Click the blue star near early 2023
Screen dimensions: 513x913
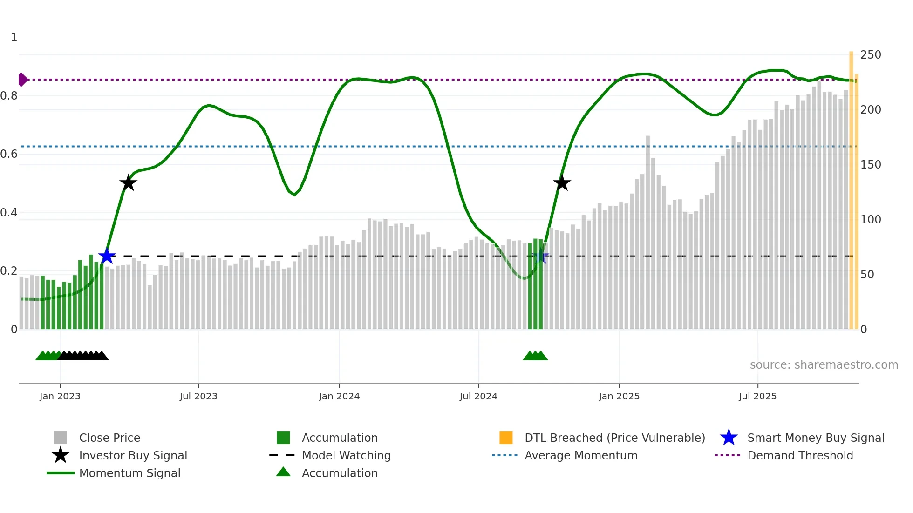click(107, 256)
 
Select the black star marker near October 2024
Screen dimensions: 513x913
click(562, 183)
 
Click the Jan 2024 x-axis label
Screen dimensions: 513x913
click(339, 396)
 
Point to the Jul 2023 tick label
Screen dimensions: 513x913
click(198, 396)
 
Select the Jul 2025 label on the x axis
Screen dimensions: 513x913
click(757, 396)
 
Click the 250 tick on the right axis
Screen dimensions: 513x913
click(870, 55)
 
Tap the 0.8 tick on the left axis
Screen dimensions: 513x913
click(9, 96)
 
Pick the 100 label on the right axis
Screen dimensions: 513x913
click(870, 219)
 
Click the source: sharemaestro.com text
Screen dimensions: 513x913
click(824, 364)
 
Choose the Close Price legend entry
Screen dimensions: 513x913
click(109, 438)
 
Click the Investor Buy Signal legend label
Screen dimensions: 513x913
click(133, 455)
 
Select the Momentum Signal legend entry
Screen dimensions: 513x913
click(129, 473)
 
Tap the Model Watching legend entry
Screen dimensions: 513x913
click(346, 455)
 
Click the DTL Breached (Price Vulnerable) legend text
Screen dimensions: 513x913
click(614, 438)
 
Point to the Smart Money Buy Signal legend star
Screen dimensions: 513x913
click(729, 438)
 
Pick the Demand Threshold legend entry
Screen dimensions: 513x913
click(800, 455)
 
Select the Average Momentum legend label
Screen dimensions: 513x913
click(581, 455)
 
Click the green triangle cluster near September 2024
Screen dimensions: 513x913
click(535, 356)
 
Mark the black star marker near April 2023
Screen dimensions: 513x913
click(128, 183)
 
